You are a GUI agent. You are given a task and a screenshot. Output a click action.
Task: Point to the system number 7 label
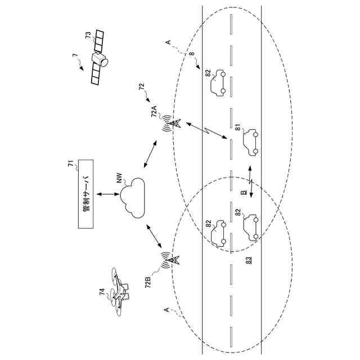click(74, 56)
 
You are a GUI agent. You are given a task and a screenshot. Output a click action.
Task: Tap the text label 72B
click(148, 282)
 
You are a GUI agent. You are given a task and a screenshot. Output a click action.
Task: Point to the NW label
click(120, 179)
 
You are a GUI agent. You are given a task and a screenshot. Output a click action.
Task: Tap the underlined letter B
click(244, 192)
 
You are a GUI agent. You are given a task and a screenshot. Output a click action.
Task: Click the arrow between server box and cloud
click(106, 194)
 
